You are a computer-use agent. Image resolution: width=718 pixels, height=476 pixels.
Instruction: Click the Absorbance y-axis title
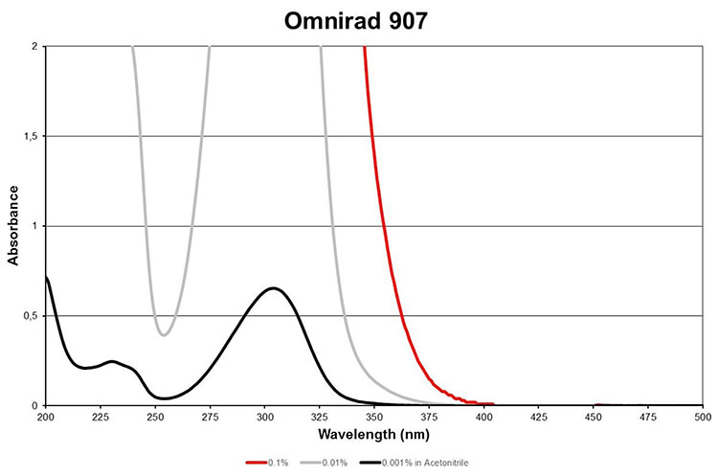13,225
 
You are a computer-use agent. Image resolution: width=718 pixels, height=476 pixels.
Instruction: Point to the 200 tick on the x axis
46,418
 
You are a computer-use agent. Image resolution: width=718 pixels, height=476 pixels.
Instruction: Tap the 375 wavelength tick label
430,418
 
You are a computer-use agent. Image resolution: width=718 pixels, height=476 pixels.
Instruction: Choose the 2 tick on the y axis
35,46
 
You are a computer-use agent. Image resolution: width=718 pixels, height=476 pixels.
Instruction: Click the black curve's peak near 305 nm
274,287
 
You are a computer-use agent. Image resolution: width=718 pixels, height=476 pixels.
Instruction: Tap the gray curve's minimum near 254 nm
164,335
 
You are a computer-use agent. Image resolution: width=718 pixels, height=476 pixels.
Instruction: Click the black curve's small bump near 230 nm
112,361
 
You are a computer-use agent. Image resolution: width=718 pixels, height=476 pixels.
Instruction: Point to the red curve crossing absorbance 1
385,226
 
